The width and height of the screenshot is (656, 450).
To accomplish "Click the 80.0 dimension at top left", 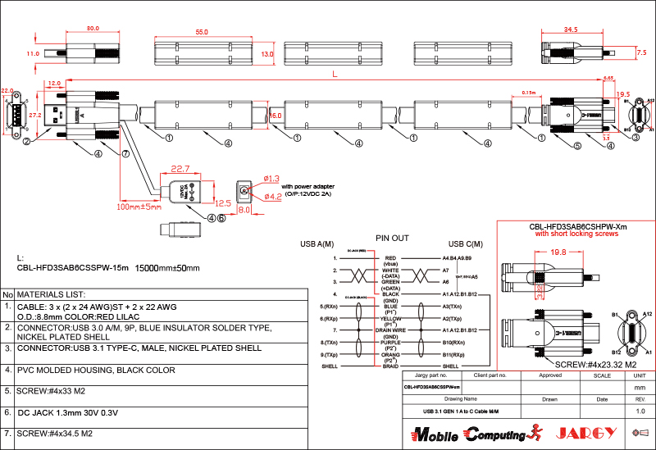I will click(x=93, y=28).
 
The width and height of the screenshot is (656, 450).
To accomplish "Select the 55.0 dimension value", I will click(x=202, y=31).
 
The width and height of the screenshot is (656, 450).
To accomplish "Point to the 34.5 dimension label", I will click(x=572, y=29).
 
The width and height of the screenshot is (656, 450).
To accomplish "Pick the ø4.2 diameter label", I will click(x=272, y=196).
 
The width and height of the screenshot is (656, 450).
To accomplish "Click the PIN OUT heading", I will click(x=392, y=239).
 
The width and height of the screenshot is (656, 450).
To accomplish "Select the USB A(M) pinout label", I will click(x=317, y=244).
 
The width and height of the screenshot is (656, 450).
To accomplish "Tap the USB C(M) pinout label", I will click(x=465, y=244).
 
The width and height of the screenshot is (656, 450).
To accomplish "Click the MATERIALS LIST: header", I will click(x=51, y=293).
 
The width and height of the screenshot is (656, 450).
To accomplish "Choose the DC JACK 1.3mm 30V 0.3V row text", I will click(x=68, y=411).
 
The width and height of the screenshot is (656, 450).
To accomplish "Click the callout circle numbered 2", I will click(x=26, y=141).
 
